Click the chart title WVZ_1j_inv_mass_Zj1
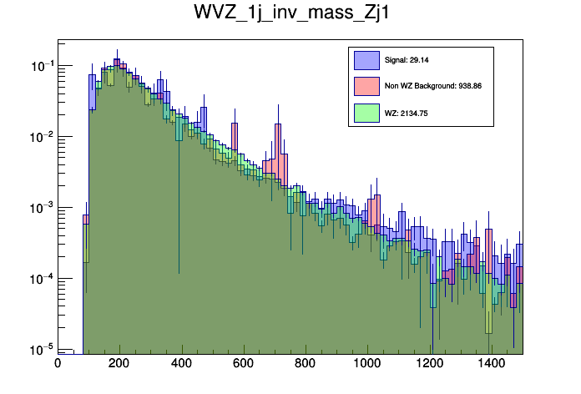tap(290, 16)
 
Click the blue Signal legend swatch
tap(366, 60)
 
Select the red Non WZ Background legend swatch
tap(366, 86)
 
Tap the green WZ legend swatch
tap(366, 112)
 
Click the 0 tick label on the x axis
tap(58, 364)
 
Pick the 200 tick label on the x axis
tap(119, 364)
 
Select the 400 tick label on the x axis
tap(181, 364)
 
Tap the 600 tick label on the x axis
tap(244, 364)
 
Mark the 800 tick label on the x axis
tap(306, 364)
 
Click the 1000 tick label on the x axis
tap(367, 364)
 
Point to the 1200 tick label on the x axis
tap(430, 364)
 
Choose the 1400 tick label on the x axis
tap(492, 364)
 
